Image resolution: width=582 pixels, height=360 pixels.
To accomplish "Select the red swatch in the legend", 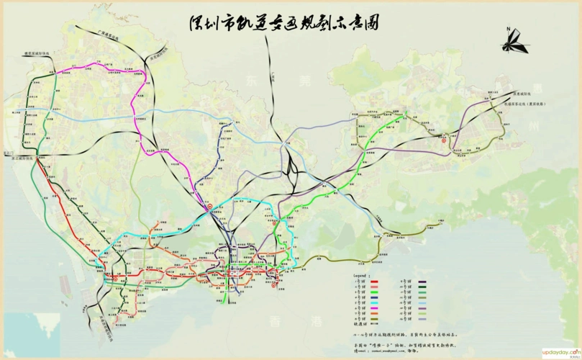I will click(x=375, y=281).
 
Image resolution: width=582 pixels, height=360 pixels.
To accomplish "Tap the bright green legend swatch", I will click(x=375, y=292).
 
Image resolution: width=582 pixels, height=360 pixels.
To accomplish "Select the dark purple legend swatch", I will click(x=422, y=281).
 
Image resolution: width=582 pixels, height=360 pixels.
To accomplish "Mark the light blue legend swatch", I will click(x=422, y=304).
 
